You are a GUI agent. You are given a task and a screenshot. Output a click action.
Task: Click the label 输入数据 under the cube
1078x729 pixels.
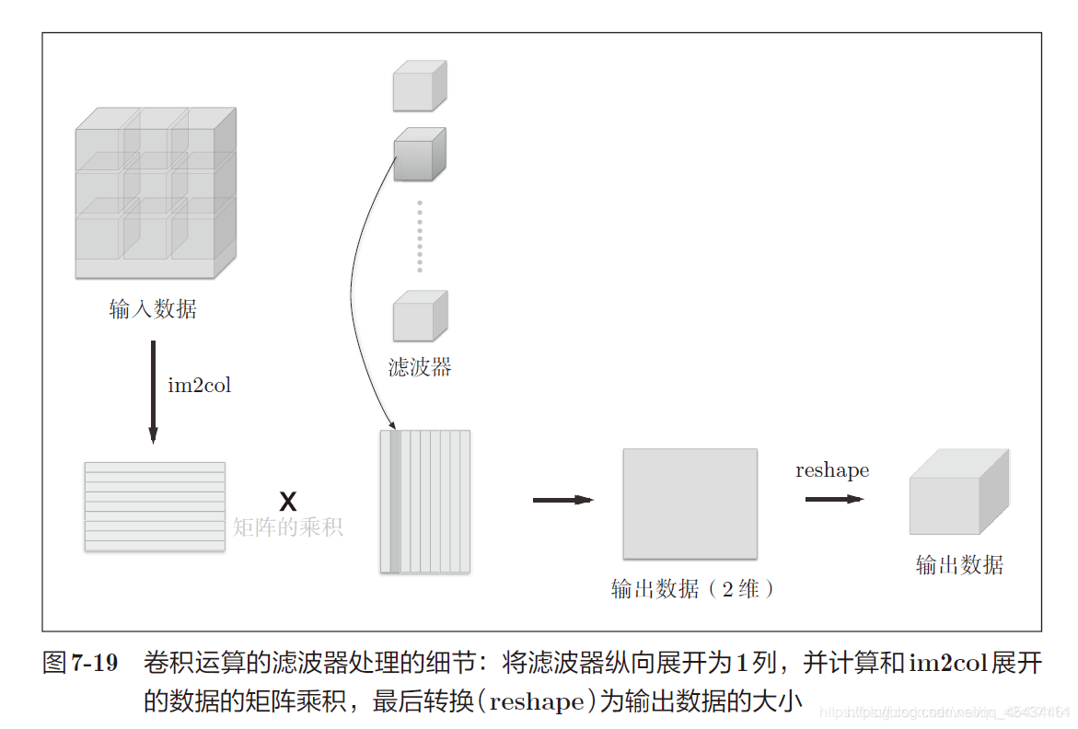tap(153, 310)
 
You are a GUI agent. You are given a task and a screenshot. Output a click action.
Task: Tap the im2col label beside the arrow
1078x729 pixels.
tap(199, 385)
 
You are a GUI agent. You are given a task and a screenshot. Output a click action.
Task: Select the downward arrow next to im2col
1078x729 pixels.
tap(153, 392)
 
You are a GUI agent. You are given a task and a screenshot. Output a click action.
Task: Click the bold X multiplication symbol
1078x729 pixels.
tap(287, 502)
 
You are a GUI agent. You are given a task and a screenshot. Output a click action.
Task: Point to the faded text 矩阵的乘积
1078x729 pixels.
tap(287, 527)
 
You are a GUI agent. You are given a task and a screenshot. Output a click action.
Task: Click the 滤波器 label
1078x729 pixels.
tap(420, 368)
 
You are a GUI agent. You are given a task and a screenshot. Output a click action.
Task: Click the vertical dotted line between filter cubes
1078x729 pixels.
tap(419, 236)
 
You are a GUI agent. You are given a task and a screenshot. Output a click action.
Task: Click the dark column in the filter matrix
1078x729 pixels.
tap(395, 502)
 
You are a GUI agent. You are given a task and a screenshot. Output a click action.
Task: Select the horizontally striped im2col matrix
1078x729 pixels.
tap(155, 506)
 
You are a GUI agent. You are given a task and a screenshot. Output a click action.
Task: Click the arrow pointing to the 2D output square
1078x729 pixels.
tap(562, 500)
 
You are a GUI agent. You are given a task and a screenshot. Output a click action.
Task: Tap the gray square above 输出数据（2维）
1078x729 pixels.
tap(690, 503)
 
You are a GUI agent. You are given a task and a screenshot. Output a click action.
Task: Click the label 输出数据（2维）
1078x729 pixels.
tap(692, 589)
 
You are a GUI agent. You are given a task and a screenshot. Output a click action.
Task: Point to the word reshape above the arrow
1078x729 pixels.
tap(831, 470)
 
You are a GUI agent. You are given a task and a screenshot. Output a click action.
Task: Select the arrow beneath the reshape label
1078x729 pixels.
tap(834, 499)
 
